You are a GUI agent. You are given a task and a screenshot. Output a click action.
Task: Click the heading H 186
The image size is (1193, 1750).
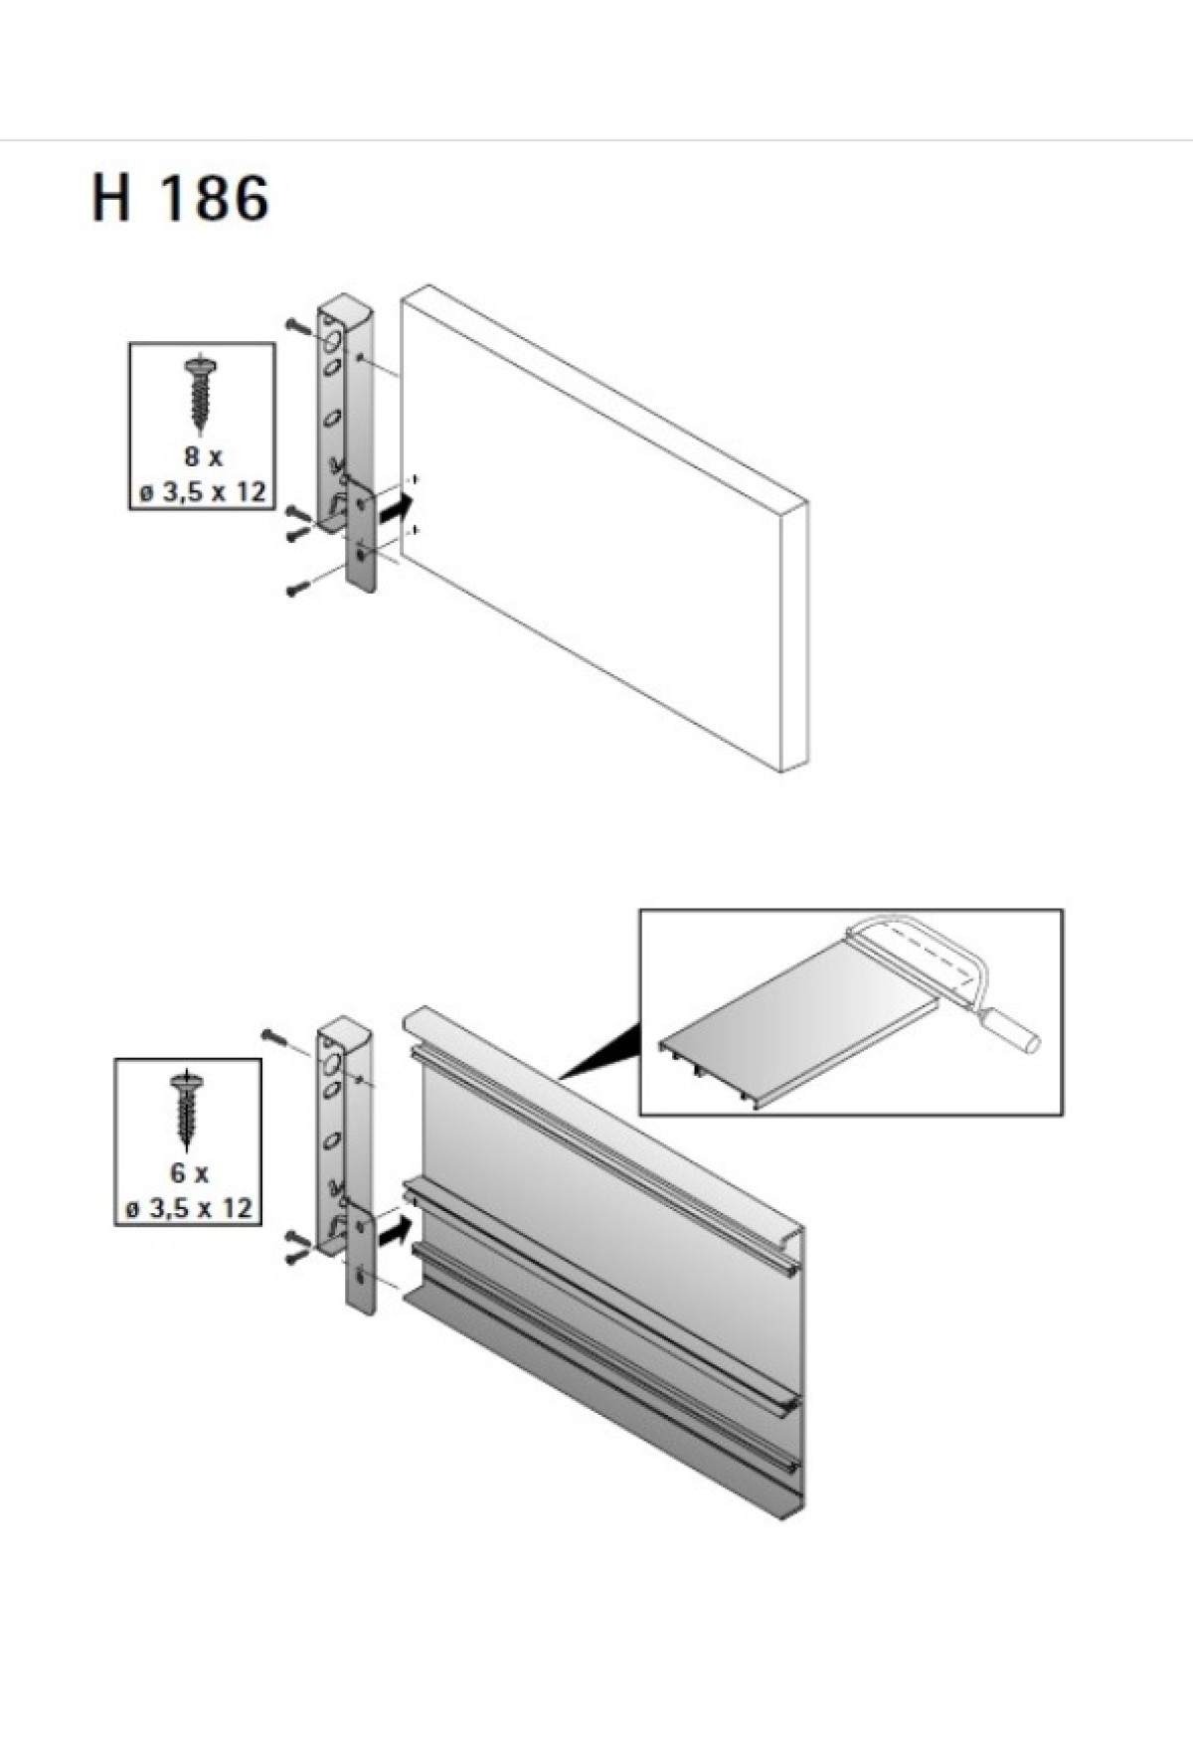pos(180,198)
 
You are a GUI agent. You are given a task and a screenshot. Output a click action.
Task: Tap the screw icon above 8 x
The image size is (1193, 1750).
pos(202,393)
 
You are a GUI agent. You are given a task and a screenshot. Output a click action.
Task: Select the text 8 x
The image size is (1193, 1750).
pos(203,457)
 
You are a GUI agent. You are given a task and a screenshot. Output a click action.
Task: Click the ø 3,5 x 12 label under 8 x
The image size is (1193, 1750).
pos(203,491)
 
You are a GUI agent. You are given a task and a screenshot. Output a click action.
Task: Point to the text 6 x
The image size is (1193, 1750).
pos(189,1173)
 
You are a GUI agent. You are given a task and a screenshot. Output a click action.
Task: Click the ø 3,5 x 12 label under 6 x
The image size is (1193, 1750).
pos(189,1208)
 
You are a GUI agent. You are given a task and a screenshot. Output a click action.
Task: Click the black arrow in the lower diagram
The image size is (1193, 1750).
pos(395,1230)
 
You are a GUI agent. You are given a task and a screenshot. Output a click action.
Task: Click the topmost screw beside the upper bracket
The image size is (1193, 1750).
pos(299,326)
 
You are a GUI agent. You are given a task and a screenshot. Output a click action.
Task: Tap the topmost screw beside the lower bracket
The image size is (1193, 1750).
pos(275,1037)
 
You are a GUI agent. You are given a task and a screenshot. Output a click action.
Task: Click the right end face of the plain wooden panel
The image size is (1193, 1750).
pos(794,636)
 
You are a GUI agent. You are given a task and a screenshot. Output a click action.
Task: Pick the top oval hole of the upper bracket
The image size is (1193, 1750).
pos(333,344)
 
